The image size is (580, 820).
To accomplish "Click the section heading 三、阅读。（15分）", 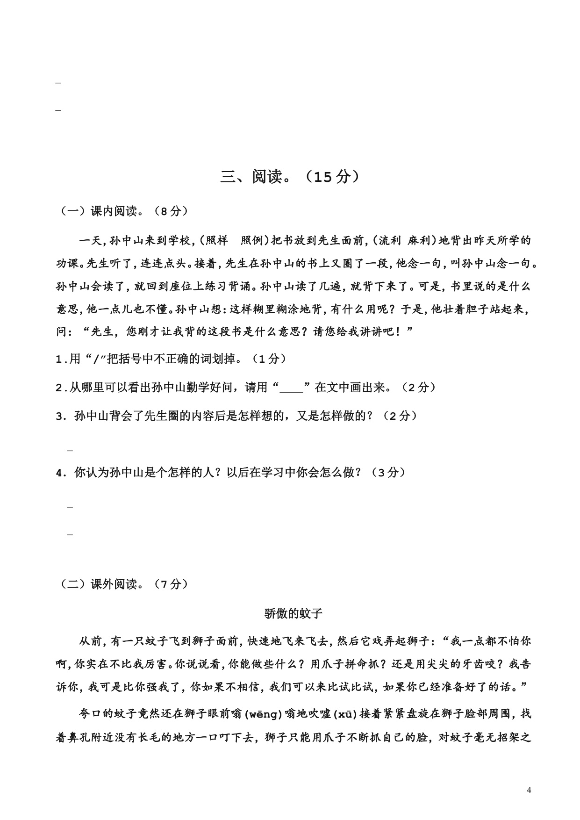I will (x=290, y=177).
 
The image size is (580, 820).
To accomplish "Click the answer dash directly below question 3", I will (x=71, y=450).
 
